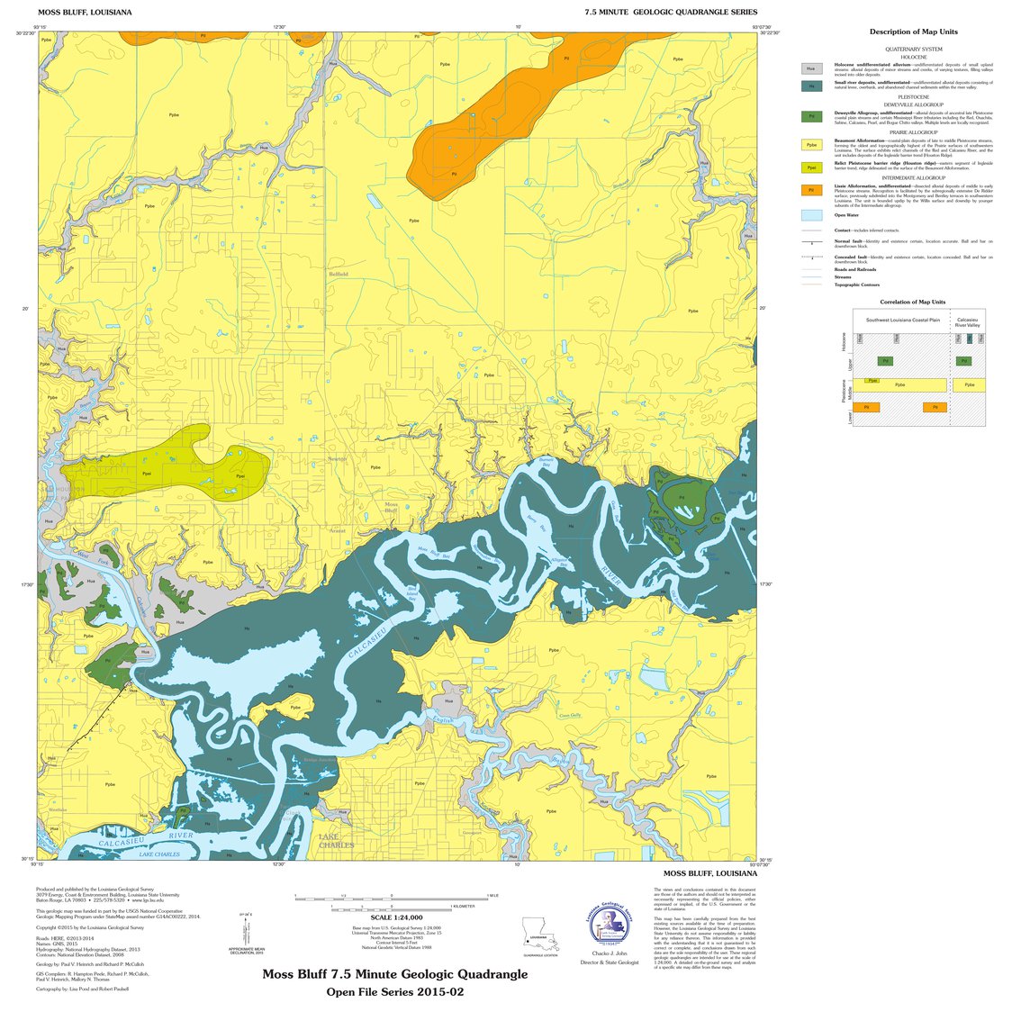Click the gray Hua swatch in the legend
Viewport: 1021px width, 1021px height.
(811, 68)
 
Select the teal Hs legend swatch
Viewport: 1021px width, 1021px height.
(811, 86)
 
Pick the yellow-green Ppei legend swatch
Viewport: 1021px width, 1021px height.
(811, 167)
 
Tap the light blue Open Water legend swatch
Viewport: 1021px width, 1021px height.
(811, 215)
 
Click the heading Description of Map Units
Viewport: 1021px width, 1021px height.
(913, 32)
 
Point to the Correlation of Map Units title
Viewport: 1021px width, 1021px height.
(913, 302)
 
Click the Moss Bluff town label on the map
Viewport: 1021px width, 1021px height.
(392, 507)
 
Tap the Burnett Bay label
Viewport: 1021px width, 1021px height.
(547, 463)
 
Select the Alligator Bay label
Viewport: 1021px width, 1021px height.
(558, 564)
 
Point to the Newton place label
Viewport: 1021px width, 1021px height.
(337, 459)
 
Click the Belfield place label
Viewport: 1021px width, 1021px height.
(338, 274)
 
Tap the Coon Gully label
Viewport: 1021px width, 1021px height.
(570, 716)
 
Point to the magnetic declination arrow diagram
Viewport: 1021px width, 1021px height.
(245, 927)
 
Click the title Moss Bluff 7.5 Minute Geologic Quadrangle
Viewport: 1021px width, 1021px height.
(395, 974)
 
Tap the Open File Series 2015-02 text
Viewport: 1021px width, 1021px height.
(395, 992)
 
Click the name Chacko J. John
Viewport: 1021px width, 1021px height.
(610, 953)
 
